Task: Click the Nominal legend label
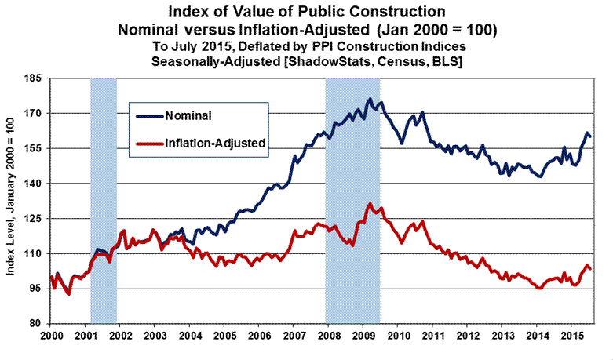(189, 116)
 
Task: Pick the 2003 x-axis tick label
(154, 334)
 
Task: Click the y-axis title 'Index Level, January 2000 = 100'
(12, 201)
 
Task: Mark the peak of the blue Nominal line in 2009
(370, 100)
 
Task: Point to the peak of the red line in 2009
(370, 204)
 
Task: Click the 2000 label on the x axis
(51, 334)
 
